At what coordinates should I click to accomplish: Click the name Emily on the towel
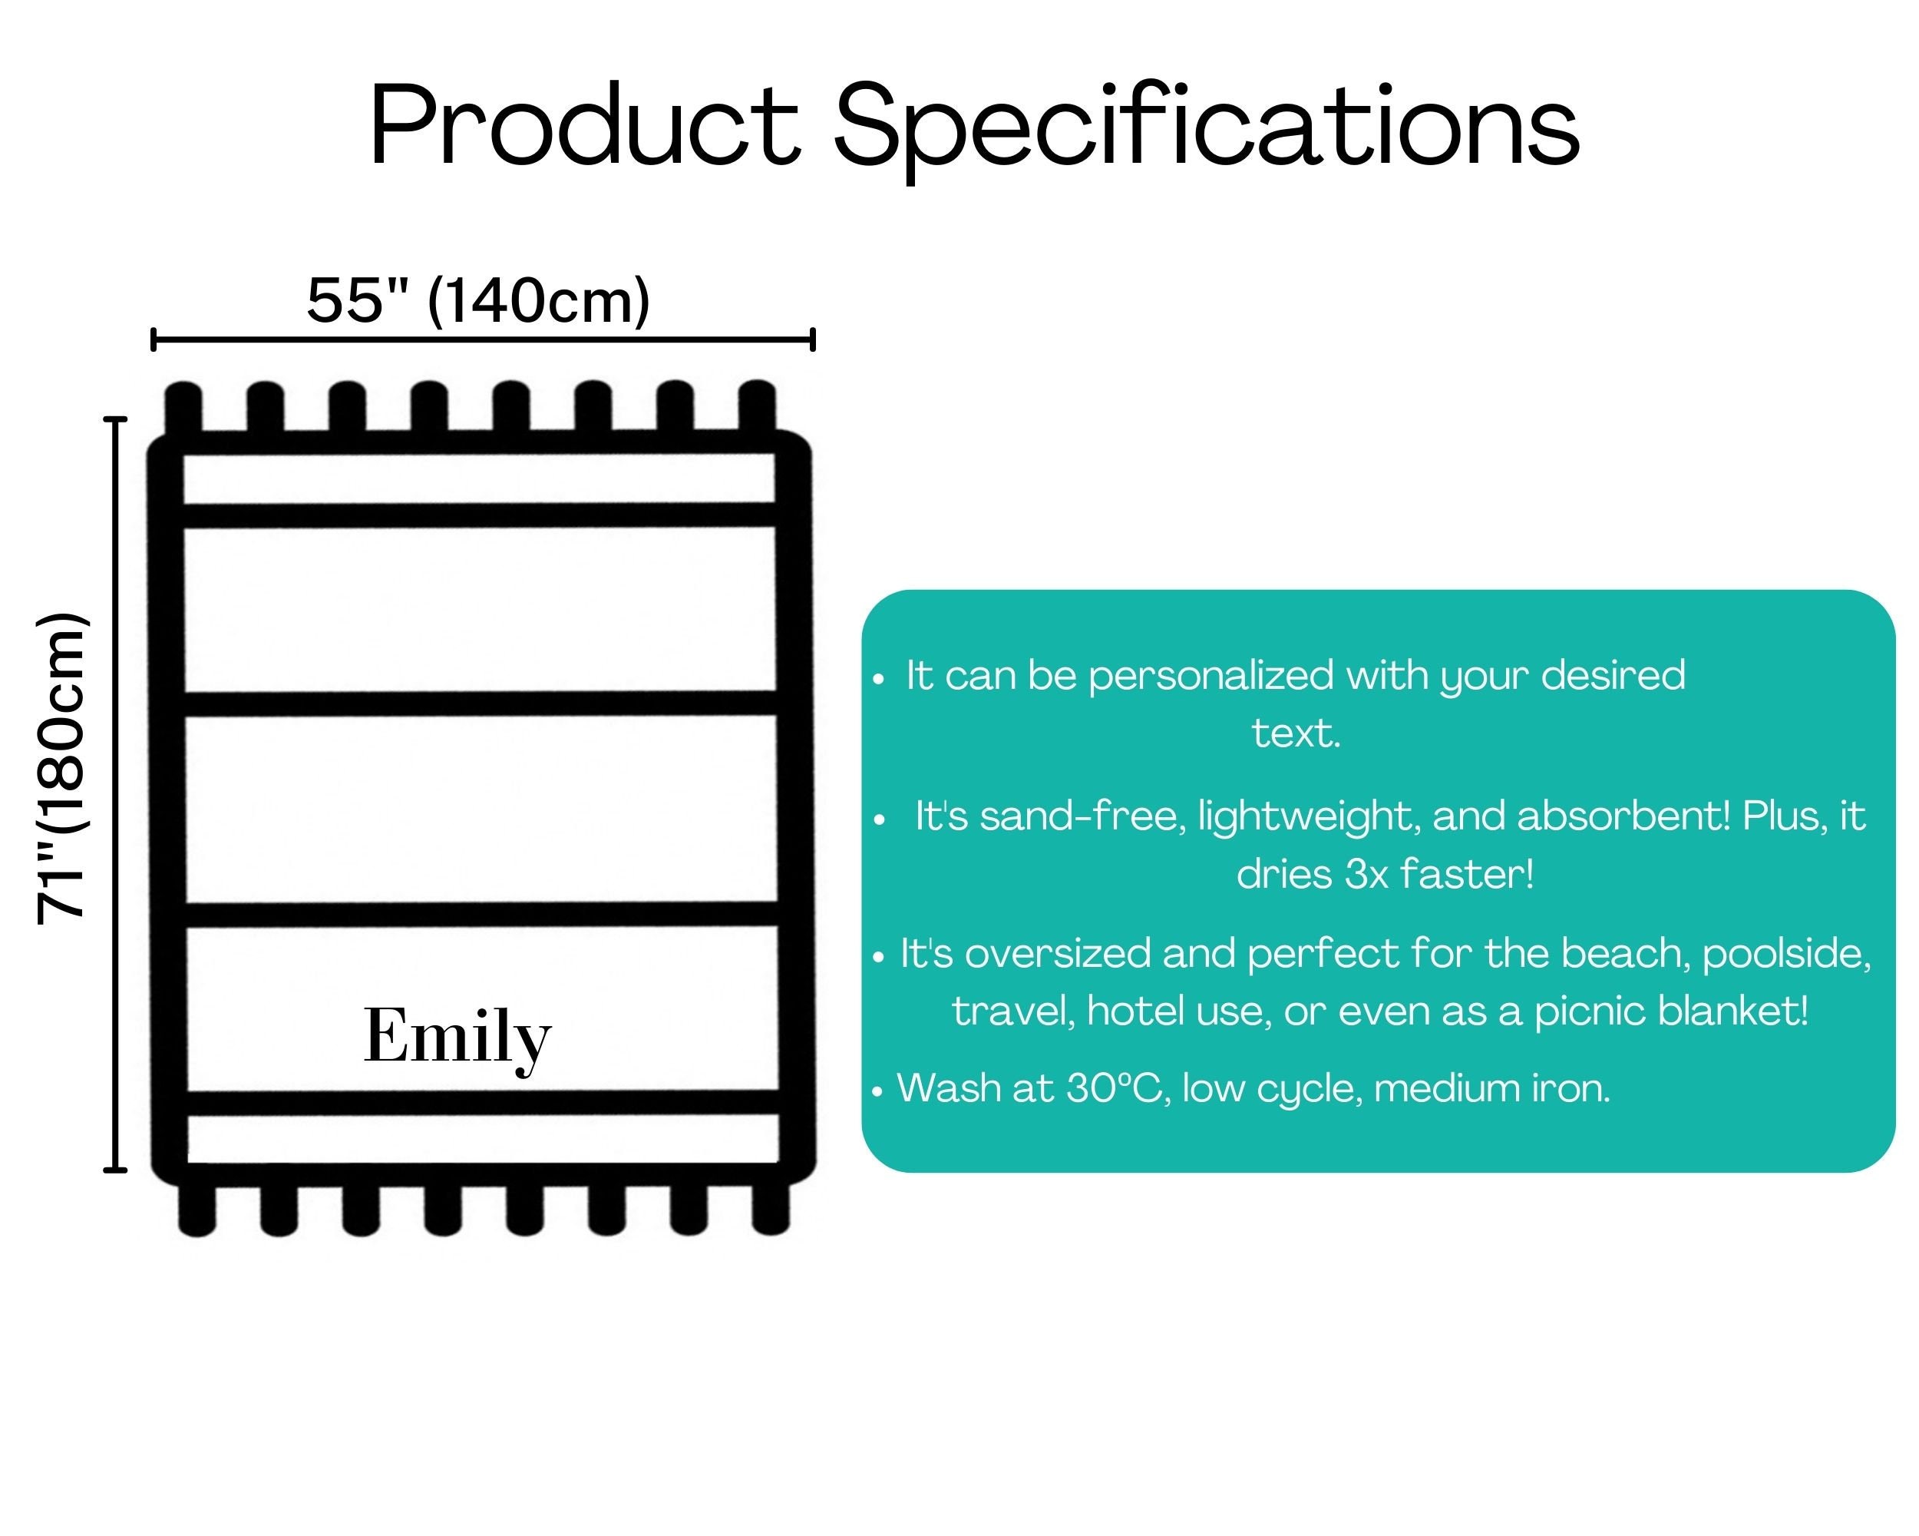click(x=457, y=1038)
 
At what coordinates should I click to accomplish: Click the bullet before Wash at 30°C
click(x=877, y=1091)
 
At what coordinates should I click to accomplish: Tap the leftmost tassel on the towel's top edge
click(x=183, y=409)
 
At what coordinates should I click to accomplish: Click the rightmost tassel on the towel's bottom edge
click(x=771, y=1209)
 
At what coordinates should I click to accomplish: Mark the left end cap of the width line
click(x=154, y=339)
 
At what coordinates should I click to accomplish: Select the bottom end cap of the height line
click(x=116, y=1170)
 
